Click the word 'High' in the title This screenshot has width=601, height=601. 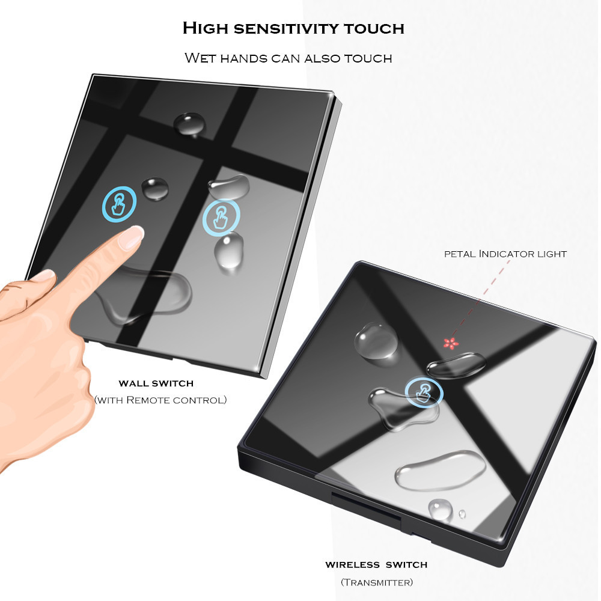coord(205,28)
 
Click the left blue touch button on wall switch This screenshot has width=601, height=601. coord(119,204)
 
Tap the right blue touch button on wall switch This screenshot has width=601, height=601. coord(221,217)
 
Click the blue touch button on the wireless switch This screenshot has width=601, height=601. coord(424,393)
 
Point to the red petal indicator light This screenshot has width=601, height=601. coord(451,343)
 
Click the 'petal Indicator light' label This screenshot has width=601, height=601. coord(505,254)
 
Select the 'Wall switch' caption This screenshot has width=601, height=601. coord(156,383)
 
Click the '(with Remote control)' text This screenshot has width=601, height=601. coord(160,400)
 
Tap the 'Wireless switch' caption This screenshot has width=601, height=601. coord(376,564)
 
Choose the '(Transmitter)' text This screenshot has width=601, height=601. coord(377,582)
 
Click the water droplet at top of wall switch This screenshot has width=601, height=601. coord(189,124)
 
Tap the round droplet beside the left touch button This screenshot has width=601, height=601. coord(155,188)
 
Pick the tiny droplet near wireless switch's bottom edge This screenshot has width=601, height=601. coord(462,514)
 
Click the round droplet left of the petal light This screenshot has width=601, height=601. coord(376,341)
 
